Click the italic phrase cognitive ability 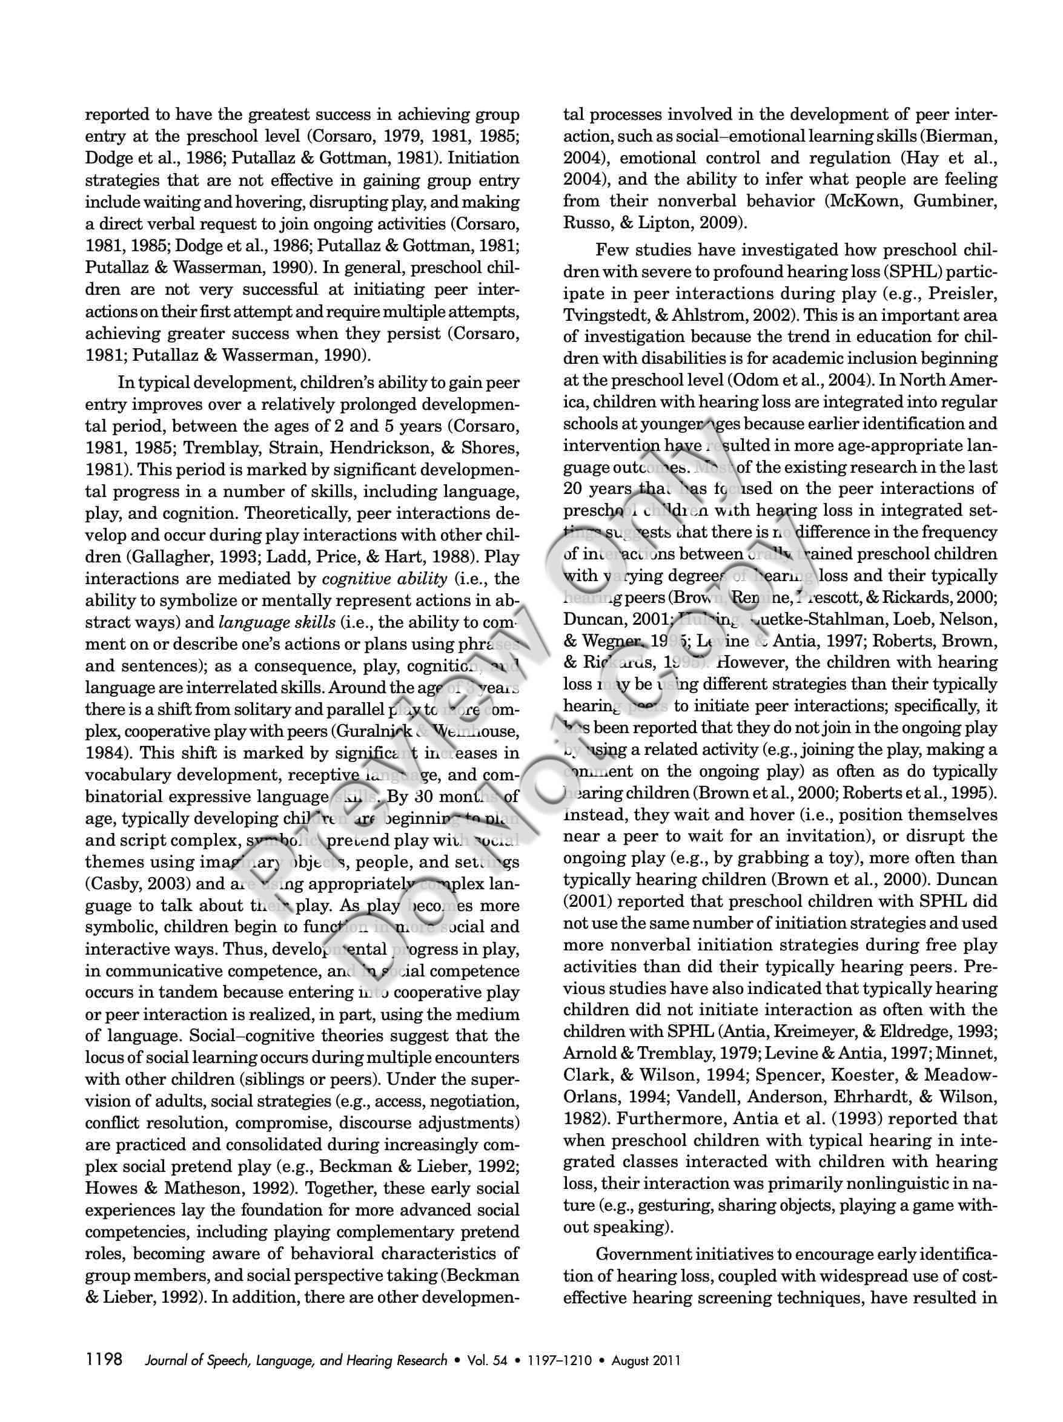pos(384,579)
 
